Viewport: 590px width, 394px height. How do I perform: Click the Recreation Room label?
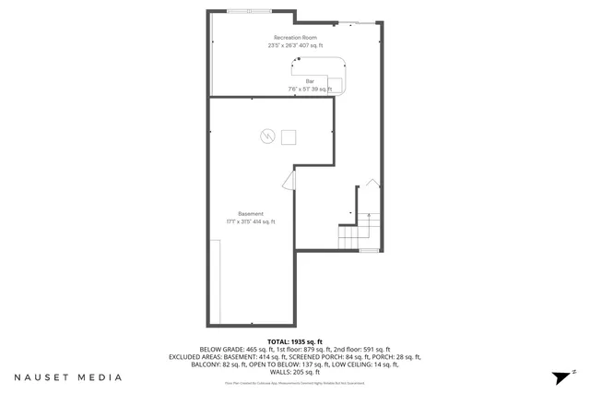(x=295, y=37)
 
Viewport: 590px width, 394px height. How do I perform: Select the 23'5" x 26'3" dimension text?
(x=295, y=45)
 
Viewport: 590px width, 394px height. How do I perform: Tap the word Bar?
(x=311, y=81)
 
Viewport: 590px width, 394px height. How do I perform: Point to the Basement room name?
(x=251, y=214)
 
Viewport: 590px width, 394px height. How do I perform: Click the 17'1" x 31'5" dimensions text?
(x=251, y=222)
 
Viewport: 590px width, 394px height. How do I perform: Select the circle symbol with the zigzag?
(x=267, y=137)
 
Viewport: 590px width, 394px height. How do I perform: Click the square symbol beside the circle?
(x=289, y=137)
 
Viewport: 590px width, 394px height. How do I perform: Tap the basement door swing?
(x=289, y=179)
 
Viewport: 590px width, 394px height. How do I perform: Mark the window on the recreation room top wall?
(x=251, y=10)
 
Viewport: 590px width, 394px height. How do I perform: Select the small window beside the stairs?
(x=368, y=250)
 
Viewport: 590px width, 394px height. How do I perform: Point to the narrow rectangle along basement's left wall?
(x=214, y=281)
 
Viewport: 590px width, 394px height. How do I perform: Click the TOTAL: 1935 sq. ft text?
(x=294, y=340)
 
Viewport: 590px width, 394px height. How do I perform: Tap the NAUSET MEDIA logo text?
(x=67, y=377)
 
